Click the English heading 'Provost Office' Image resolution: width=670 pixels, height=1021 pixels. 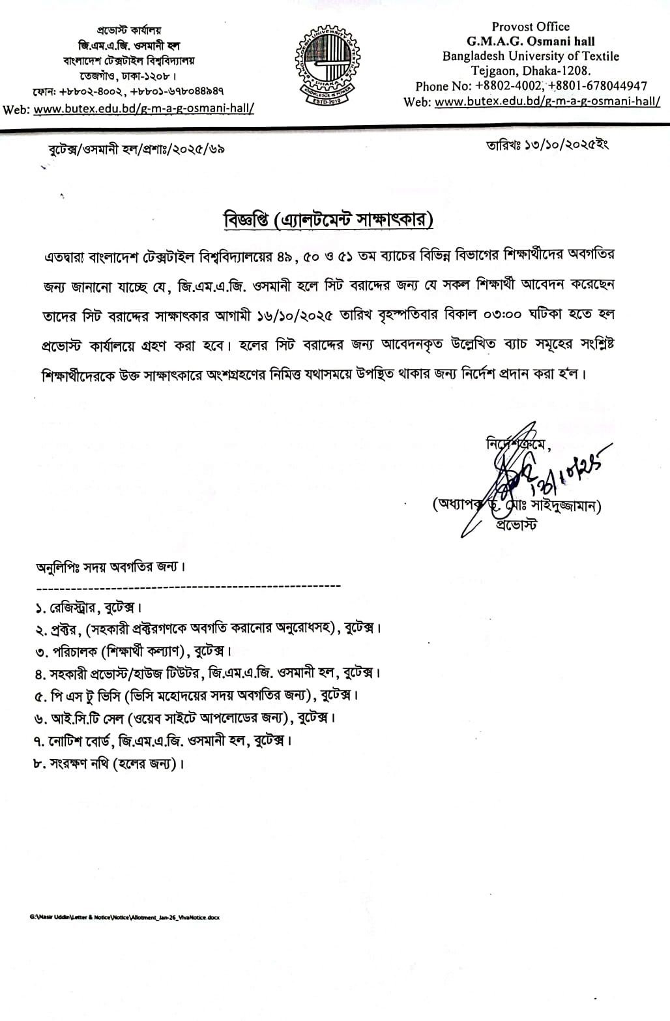pyautogui.click(x=530, y=27)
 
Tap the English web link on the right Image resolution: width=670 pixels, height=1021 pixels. pyautogui.click(x=547, y=102)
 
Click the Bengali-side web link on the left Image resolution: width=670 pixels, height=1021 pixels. pyautogui.click(x=143, y=109)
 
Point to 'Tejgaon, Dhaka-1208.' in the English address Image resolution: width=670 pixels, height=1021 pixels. pyautogui.click(x=531, y=71)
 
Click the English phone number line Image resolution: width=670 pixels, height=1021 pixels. pyautogui.click(x=531, y=86)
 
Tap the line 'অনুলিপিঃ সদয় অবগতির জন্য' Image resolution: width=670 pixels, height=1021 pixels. pyautogui.click(x=111, y=567)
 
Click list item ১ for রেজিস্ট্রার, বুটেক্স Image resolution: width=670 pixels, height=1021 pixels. pyautogui.click(x=89, y=608)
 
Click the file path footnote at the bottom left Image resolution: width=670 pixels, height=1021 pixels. pyautogui.click(x=124, y=917)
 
